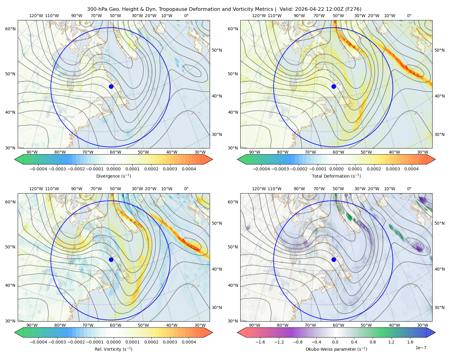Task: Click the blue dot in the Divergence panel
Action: point(111,87)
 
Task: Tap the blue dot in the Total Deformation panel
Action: point(334,87)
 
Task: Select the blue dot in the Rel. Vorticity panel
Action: point(111,259)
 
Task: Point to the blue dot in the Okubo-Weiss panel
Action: point(334,259)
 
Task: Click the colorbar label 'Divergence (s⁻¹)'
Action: point(113,176)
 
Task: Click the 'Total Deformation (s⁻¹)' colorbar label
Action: point(336,176)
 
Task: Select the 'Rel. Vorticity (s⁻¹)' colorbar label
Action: point(113,349)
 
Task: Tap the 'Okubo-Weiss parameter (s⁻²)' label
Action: point(336,349)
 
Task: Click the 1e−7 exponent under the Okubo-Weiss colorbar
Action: point(421,348)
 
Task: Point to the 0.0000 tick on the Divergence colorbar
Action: point(113,169)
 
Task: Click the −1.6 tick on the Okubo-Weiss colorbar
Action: point(260,342)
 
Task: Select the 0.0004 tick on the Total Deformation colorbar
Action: point(411,169)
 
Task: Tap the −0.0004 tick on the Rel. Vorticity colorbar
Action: point(38,342)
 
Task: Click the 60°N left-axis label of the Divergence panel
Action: point(10,29)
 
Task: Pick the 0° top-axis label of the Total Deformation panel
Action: point(409,16)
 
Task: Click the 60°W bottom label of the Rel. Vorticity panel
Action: point(115,325)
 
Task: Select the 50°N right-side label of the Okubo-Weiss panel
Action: point(439,223)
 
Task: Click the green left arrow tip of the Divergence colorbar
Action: point(15,160)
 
